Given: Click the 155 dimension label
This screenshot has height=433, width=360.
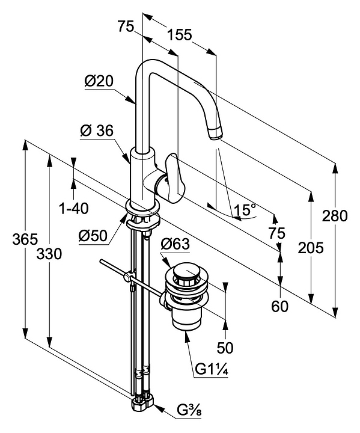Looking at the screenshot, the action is pos(180,35).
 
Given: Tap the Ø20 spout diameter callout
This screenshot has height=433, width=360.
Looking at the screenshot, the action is pos(99,81).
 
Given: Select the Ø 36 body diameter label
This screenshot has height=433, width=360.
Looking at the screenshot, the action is pos(97,131).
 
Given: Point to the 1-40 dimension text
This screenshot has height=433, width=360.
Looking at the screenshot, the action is pos(74,208).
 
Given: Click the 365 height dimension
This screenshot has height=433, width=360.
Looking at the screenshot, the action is pos(25,239).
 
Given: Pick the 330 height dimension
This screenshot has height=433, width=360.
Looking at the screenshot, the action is pos(49,254).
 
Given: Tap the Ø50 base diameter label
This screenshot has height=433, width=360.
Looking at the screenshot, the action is pos(93,236).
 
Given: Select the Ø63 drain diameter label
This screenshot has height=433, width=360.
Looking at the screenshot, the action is pos(175,244).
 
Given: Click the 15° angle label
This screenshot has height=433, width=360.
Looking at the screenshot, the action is pos(245,210).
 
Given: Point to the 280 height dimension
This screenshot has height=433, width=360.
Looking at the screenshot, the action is pos(335,216).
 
